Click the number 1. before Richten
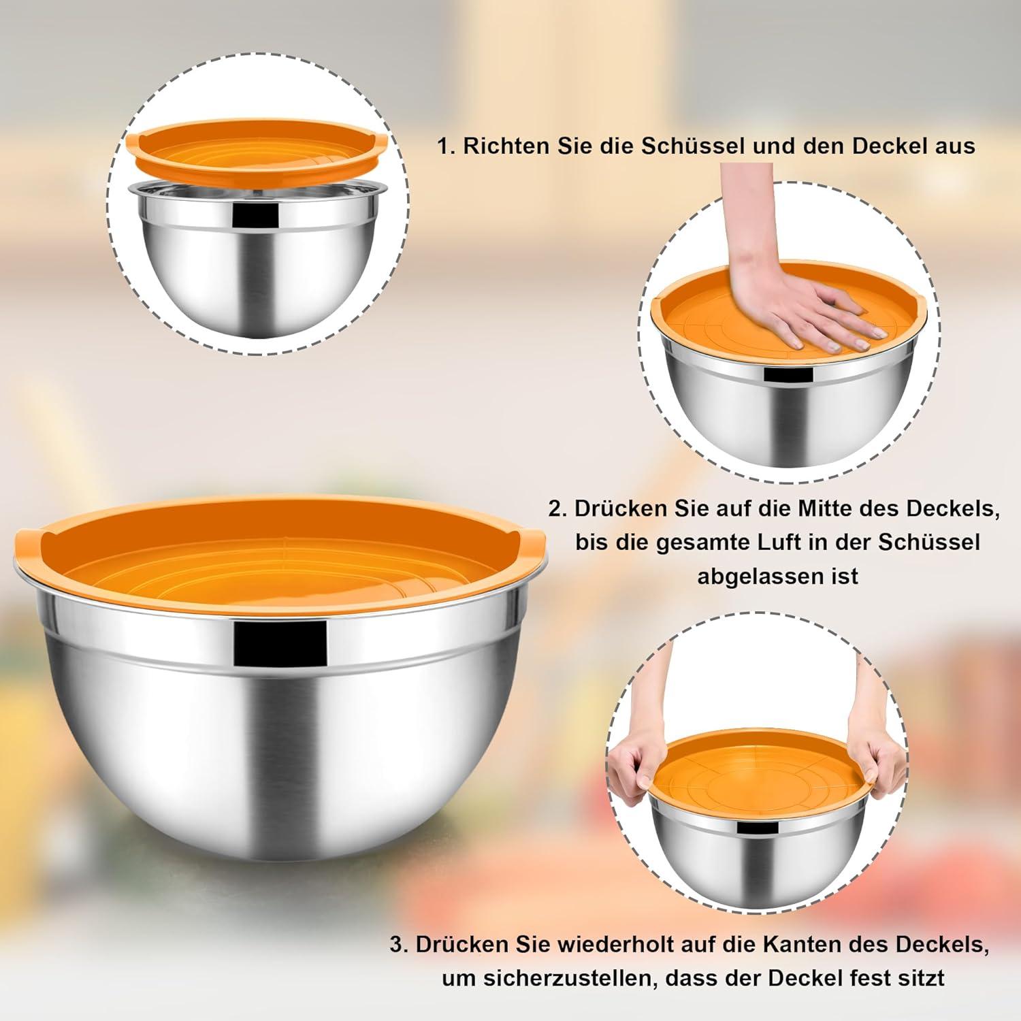point(447,146)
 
